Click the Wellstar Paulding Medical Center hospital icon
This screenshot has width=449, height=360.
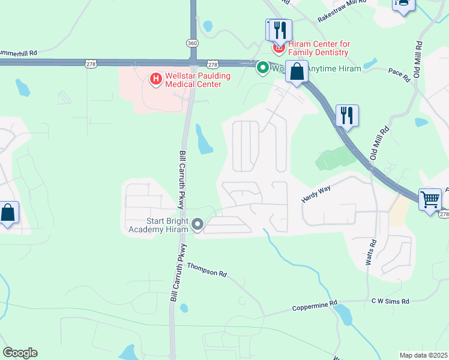[x=155, y=78]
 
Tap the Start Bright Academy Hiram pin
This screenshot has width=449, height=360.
[x=197, y=225]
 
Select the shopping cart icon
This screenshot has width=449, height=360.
[x=430, y=199]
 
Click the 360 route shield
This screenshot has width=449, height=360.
[x=192, y=43]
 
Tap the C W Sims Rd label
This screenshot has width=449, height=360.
[x=390, y=301]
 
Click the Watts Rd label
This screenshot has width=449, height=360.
[x=371, y=253]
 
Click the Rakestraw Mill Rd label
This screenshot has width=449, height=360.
[x=341, y=12]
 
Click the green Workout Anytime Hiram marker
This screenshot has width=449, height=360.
[x=262, y=68]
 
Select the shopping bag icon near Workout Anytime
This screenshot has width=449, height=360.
[x=297, y=73]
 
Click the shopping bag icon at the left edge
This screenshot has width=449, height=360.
[x=7, y=213]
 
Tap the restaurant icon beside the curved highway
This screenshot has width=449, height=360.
[x=346, y=115]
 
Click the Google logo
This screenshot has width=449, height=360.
[x=20, y=353]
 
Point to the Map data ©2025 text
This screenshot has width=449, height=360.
[x=423, y=355]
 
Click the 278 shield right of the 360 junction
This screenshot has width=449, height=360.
[x=212, y=64]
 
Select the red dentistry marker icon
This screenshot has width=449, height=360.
[x=279, y=46]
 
